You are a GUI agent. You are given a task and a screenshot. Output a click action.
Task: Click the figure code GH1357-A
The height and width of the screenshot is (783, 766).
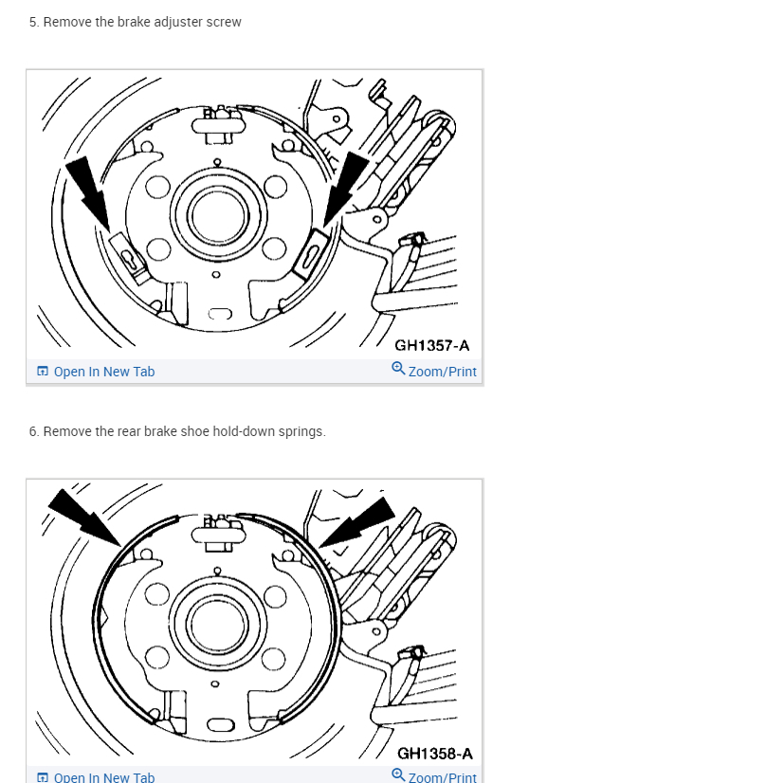point(432,346)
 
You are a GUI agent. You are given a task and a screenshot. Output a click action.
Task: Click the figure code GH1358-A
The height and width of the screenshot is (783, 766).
point(434,754)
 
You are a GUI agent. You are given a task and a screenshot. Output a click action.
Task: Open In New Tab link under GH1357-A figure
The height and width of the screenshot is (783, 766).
point(104,372)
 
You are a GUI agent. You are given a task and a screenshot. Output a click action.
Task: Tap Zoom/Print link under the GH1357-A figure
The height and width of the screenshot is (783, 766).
point(443,372)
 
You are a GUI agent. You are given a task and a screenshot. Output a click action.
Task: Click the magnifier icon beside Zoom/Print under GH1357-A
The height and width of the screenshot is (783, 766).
point(398,369)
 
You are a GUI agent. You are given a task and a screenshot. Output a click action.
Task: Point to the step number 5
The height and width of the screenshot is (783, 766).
point(34,22)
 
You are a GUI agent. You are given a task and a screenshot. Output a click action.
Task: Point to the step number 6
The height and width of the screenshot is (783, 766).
point(34,431)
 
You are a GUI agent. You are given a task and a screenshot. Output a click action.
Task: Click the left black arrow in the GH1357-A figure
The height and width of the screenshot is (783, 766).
point(88,193)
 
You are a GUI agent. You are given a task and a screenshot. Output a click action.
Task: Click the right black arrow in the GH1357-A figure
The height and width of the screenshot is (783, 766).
point(345,189)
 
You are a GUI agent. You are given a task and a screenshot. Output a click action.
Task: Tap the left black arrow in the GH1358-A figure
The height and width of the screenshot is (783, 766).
point(85,518)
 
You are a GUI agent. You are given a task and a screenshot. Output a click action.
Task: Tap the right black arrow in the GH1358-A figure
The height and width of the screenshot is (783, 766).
point(357,523)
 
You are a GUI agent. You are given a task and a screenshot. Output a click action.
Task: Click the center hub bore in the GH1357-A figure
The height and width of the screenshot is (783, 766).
point(218,216)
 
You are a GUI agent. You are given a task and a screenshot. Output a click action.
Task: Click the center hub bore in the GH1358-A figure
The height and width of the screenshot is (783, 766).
point(217,625)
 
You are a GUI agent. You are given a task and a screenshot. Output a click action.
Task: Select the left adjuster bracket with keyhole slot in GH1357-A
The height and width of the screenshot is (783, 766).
point(128,257)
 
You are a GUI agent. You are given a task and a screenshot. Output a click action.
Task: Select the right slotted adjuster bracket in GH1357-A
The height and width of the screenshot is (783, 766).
point(310,254)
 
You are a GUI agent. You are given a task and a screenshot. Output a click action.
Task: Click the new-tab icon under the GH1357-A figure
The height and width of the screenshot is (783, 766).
point(43,371)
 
